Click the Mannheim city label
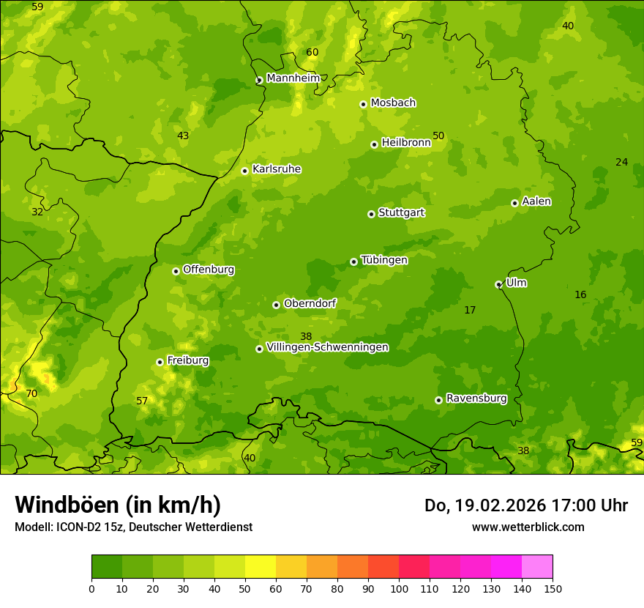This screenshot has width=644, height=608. (293, 78)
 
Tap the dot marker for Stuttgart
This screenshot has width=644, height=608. (371, 214)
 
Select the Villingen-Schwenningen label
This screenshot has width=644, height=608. (327, 347)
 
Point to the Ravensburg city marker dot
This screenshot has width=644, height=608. (438, 400)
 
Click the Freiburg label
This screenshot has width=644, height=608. (187, 360)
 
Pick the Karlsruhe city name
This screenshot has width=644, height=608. (276, 169)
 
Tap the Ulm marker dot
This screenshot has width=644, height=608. (498, 284)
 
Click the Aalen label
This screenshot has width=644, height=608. (536, 201)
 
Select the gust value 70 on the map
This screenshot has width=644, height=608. (31, 393)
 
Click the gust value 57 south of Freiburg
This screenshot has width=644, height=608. (142, 401)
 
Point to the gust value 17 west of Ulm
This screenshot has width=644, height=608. (470, 310)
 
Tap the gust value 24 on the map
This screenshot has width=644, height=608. (621, 162)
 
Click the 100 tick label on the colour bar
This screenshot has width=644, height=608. (399, 588)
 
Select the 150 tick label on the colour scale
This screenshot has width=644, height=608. (553, 588)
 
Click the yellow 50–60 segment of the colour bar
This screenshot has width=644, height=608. (261, 567)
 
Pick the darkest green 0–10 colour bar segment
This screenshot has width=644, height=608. (107, 567)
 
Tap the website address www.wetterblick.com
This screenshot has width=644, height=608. (528, 527)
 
